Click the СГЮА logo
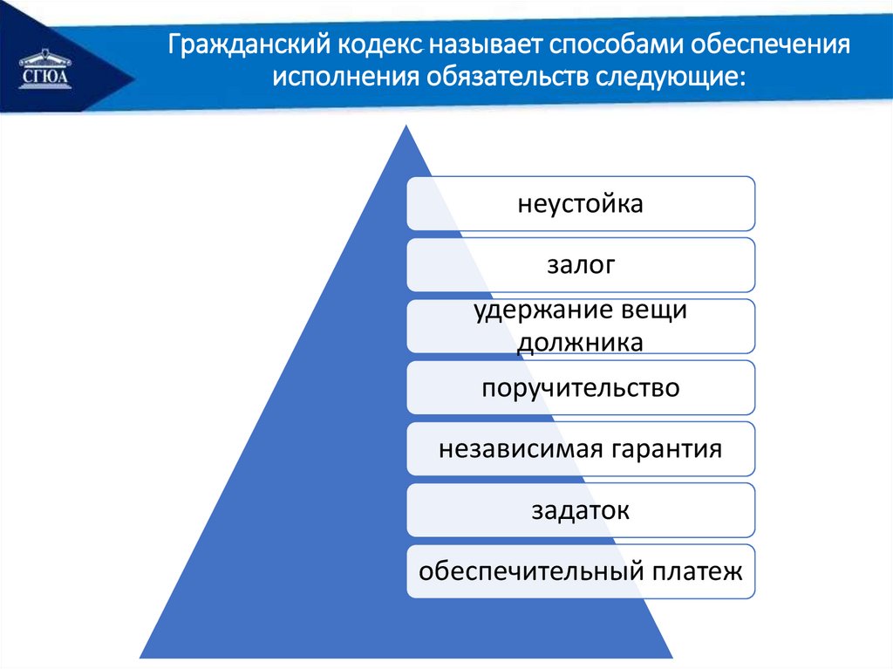point(45,70)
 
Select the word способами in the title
point(617,45)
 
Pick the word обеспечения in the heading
point(771,45)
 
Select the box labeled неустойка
point(581,203)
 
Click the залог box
point(581,265)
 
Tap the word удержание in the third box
point(531,311)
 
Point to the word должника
point(580,343)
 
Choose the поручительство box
point(581,387)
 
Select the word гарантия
point(663,450)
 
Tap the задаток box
point(581,510)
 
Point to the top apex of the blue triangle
point(406,126)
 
